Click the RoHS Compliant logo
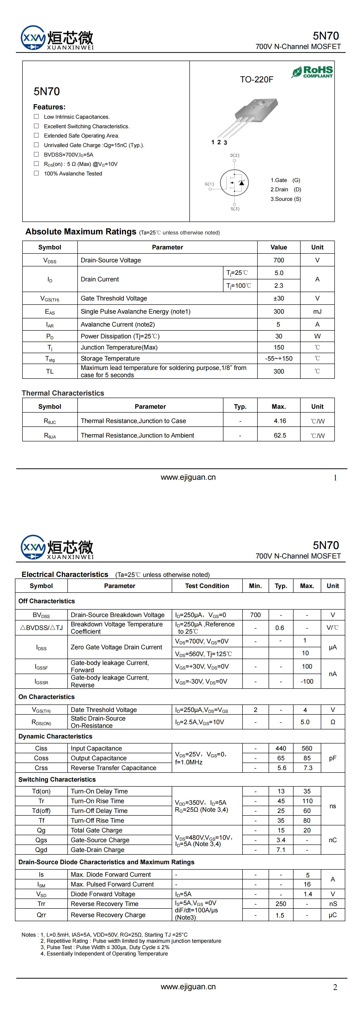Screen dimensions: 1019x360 (313, 72)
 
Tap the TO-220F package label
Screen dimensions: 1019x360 (256, 79)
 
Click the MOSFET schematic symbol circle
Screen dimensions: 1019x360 (234, 182)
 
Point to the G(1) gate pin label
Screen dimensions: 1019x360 (209, 184)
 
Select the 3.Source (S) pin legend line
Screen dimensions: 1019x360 (286, 199)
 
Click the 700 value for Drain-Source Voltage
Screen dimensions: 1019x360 (279, 260)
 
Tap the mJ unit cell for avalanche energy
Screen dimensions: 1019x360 (317, 311)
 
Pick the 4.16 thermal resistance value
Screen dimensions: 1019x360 (280, 421)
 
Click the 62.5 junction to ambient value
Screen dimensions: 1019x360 (280, 435)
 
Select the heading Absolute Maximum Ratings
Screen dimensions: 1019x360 (81, 232)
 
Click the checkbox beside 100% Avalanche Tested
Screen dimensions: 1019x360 (36, 173)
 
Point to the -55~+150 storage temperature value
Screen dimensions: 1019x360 (279, 358)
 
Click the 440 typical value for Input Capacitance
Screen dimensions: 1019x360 (280, 748)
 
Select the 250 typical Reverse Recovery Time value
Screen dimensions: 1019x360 (280, 903)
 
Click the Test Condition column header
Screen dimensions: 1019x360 (207, 586)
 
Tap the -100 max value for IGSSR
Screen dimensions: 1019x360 (307, 681)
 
